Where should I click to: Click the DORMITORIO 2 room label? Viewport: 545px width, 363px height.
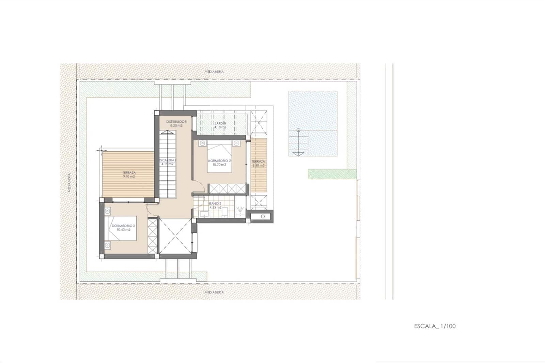tap(219, 161)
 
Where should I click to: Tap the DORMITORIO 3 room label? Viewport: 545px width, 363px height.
tap(123, 226)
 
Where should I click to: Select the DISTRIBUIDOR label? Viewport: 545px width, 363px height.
tap(176, 122)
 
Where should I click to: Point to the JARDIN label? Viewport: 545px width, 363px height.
tap(220, 123)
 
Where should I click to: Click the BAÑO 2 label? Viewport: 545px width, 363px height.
tap(215, 203)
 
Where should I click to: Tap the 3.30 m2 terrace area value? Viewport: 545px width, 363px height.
tap(258, 165)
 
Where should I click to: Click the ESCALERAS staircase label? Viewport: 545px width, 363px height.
tap(167, 160)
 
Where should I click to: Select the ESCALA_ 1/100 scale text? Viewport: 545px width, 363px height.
tap(435, 326)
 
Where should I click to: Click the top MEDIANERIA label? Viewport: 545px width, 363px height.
tap(214, 72)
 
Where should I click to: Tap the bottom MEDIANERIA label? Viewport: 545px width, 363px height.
tap(214, 292)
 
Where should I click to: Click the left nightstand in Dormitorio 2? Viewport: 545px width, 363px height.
tap(202, 143)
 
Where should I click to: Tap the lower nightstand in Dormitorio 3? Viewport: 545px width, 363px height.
tap(108, 245)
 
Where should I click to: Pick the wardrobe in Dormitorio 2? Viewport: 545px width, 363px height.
tap(227, 188)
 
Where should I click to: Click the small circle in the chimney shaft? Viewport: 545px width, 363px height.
tap(263, 216)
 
